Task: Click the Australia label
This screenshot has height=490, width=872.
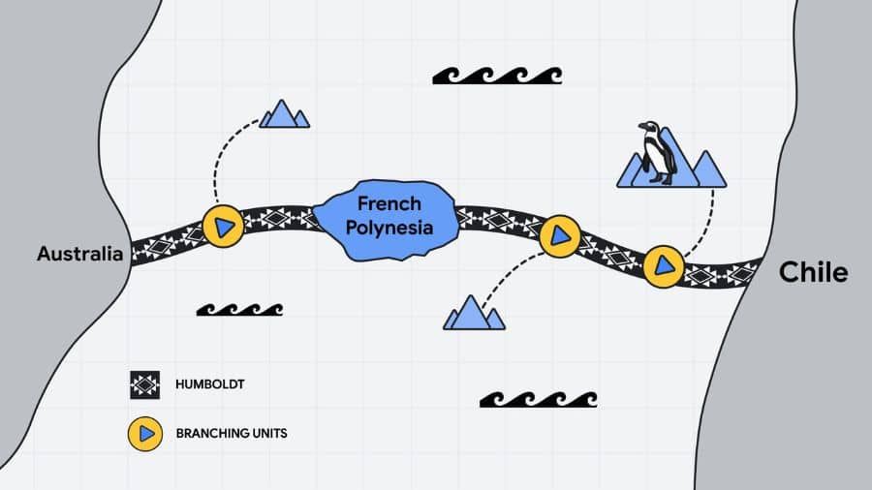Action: (79, 255)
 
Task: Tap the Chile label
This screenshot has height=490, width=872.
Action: (813, 273)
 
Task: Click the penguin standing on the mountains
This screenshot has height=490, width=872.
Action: (659, 152)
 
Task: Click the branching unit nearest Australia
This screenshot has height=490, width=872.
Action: (223, 227)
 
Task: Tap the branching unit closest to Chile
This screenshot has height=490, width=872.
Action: (664, 263)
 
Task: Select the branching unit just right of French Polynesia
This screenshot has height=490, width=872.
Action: (559, 236)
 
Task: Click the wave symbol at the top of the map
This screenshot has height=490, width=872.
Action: (497, 76)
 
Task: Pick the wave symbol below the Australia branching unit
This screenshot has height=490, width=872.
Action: (239, 310)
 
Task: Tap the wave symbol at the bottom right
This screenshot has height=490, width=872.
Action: (539, 399)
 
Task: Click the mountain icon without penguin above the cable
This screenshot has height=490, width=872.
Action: (284, 114)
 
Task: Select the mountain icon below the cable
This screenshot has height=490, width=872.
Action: (474, 314)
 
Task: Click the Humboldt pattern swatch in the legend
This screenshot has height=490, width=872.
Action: (144, 385)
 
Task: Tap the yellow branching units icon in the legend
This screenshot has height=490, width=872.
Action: (144, 433)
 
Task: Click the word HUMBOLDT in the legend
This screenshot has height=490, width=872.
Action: (210, 385)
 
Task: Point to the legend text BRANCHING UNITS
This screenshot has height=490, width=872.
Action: (232, 433)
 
